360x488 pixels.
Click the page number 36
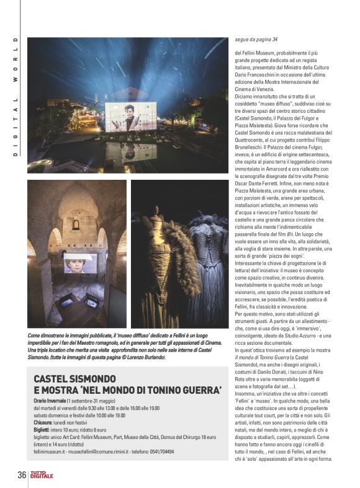[20, 474]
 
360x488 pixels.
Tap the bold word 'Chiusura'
[45, 422]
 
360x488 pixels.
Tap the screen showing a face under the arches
[79, 262]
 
